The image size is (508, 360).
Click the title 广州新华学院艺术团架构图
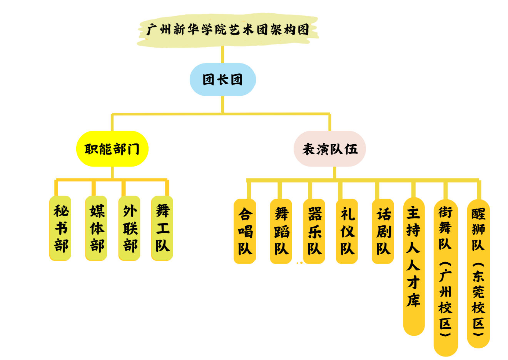pos(228,30)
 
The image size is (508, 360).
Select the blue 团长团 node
pos(223,80)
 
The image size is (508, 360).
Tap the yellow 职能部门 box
pos(112,149)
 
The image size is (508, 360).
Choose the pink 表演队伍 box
pos(330,149)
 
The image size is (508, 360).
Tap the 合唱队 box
pos(245,231)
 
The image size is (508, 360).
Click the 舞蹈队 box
pos(281,231)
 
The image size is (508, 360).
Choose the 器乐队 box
pos(314,231)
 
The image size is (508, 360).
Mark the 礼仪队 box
pos(347,231)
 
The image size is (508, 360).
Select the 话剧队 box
pos(383,231)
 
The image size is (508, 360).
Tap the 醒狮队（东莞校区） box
pos(478,273)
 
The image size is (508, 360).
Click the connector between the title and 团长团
pos(223,55)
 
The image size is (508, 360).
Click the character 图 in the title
pos(303,29)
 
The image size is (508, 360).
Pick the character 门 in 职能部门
pos(133,149)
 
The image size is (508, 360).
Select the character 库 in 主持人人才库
pos(414,300)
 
